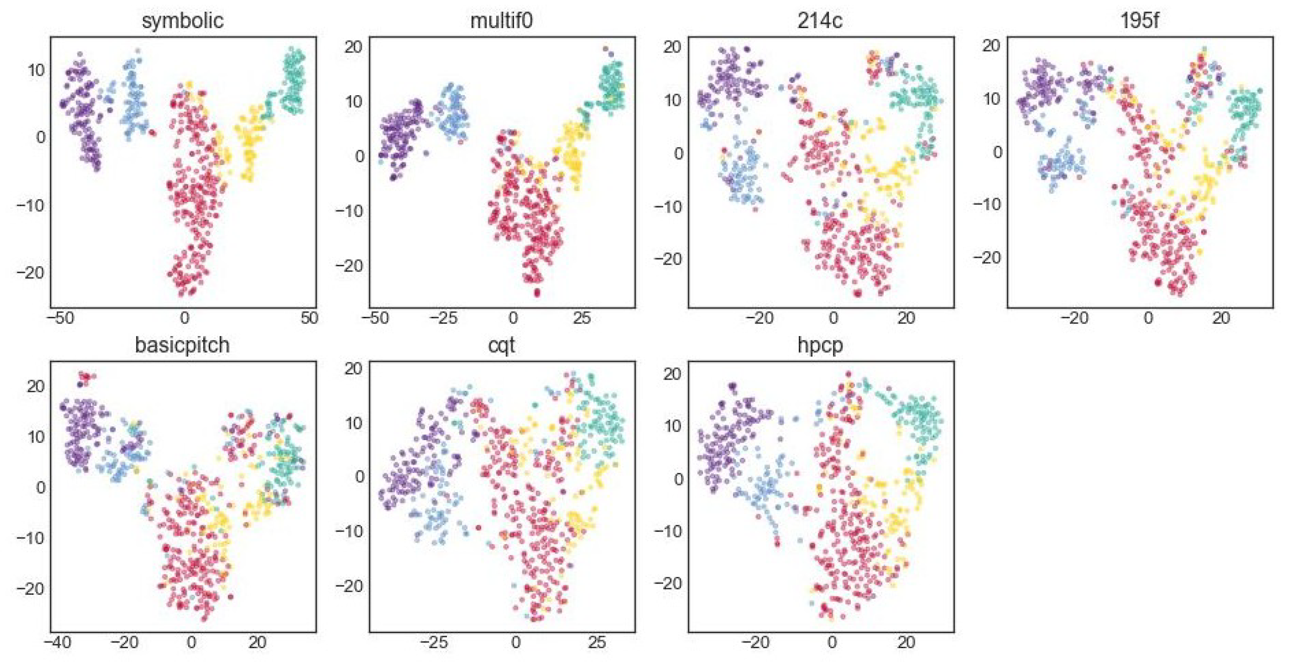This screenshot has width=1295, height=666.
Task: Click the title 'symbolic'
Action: click(x=182, y=21)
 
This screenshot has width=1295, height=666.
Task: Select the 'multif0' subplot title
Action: click(x=501, y=21)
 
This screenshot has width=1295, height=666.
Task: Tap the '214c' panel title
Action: click(x=820, y=21)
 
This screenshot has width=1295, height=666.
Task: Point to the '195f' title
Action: click(x=1140, y=21)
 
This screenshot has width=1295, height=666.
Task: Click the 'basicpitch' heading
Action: click(x=182, y=345)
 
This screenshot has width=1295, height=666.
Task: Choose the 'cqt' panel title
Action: click(x=501, y=345)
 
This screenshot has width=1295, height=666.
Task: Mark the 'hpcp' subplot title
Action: click(x=820, y=345)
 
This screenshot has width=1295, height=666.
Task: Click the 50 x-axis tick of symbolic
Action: click(x=310, y=318)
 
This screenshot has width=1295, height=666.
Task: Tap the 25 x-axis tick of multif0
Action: click(x=582, y=318)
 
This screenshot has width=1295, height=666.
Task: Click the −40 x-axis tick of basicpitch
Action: click(x=56, y=643)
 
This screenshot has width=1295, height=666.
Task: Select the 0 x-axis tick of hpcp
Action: click(x=832, y=643)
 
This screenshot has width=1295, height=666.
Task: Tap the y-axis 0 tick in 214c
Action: click(x=679, y=153)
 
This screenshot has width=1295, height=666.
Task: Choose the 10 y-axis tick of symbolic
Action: click(x=35, y=70)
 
